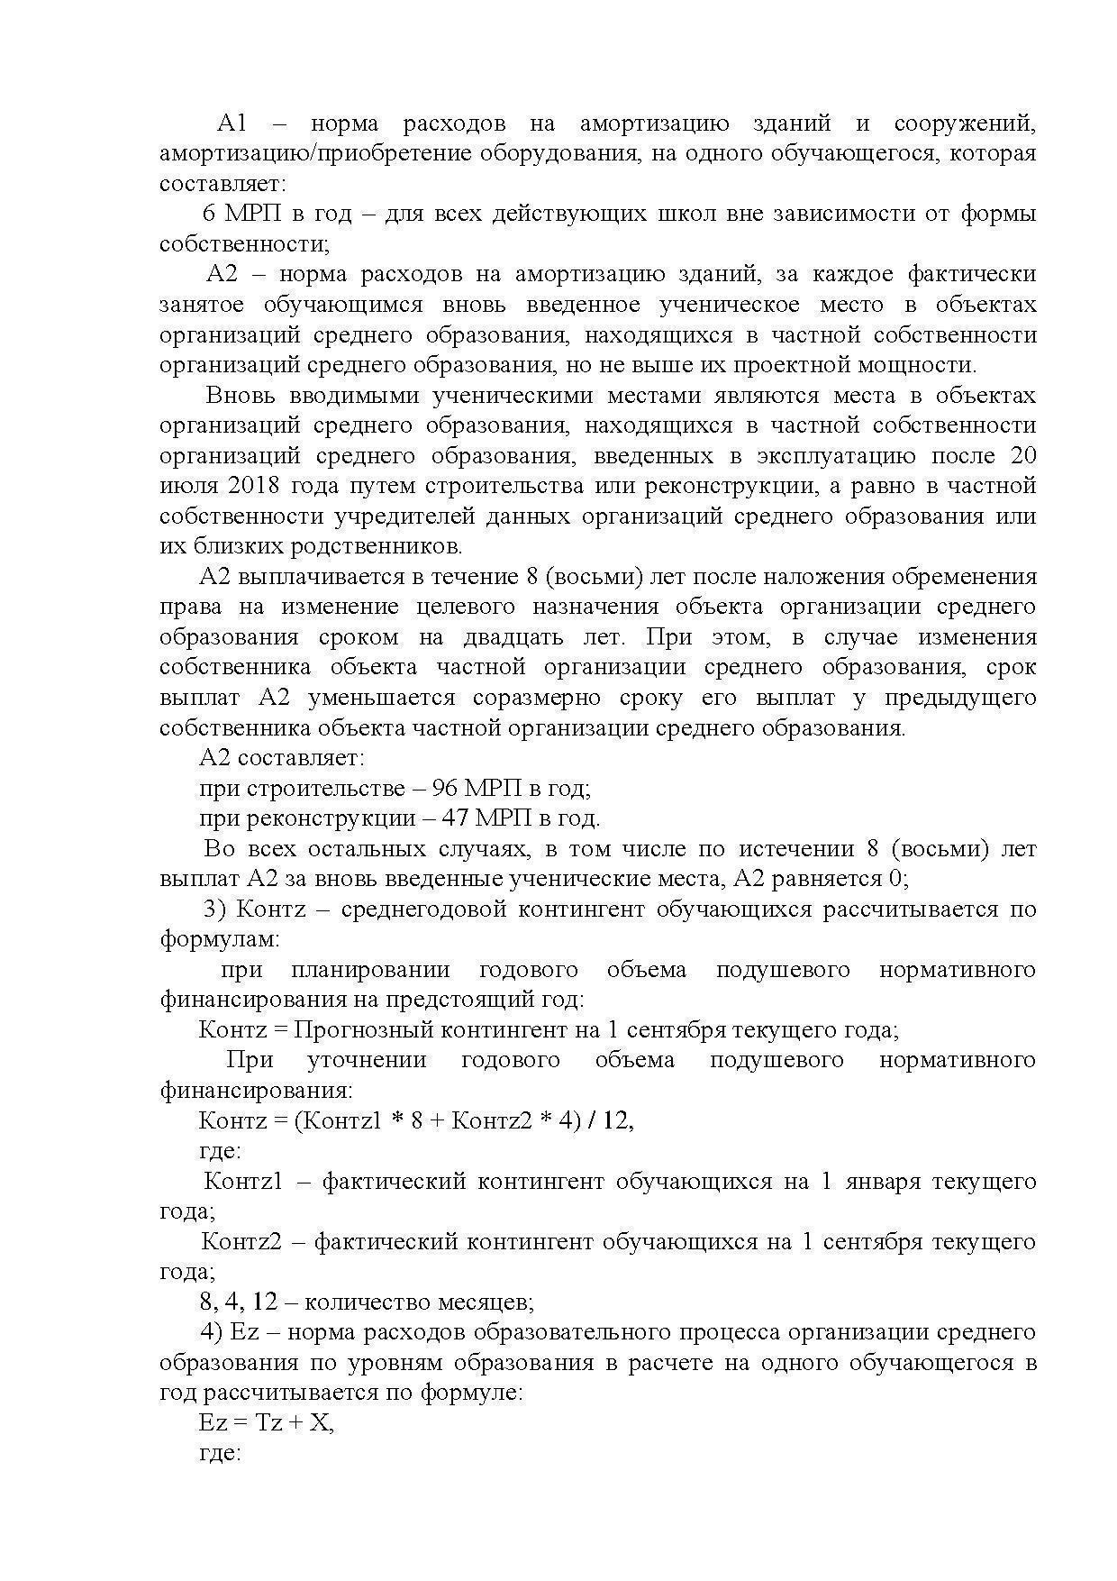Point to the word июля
coord(187,486)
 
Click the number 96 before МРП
coord(445,788)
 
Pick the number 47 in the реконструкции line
coord(455,818)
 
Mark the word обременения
coord(960,577)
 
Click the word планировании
coord(370,970)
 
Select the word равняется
coord(829,879)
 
